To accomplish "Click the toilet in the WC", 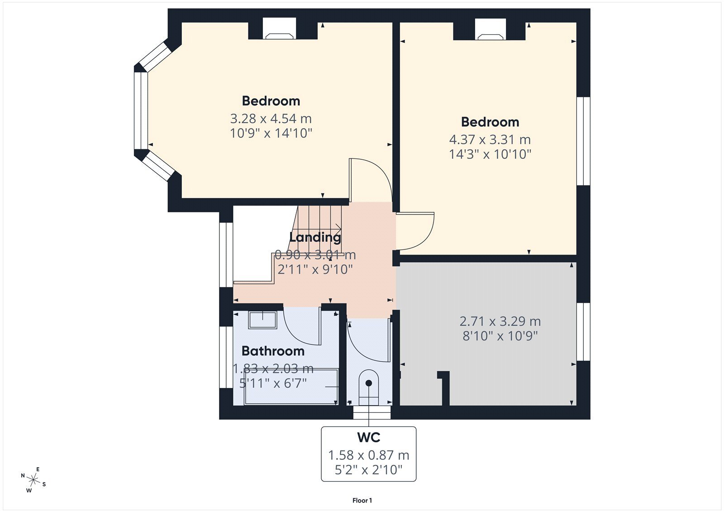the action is pyautogui.click(x=368, y=388).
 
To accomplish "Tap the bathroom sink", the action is pyautogui.click(x=262, y=320).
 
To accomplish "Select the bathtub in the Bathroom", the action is pyautogui.click(x=291, y=386).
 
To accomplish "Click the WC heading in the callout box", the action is pyautogui.click(x=368, y=437).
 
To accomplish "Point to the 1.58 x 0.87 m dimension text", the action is pyautogui.click(x=368, y=455).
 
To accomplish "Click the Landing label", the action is pyautogui.click(x=315, y=237).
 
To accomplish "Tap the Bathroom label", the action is pyautogui.click(x=273, y=351).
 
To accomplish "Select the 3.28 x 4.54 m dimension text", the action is pyautogui.click(x=271, y=119).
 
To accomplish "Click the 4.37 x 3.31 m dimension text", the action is pyautogui.click(x=490, y=140).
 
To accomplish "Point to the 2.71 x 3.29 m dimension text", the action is pyautogui.click(x=500, y=321).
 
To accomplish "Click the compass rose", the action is pyautogui.click(x=33, y=480).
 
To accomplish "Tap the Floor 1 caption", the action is pyautogui.click(x=362, y=500).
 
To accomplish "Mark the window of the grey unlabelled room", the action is pyautogui.click(x=583, y=331).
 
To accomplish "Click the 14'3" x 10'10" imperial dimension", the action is pyautogui.click(x=490, y=154).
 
